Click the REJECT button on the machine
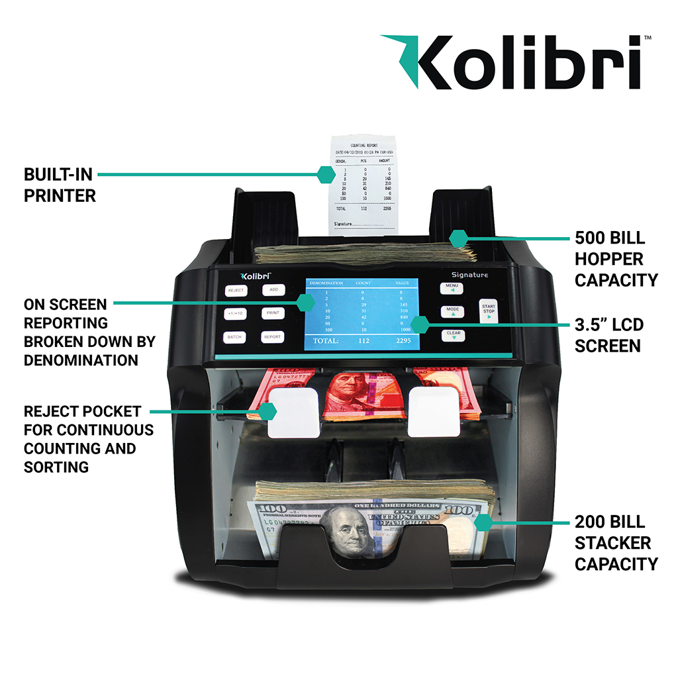[x=236, y=290]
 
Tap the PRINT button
[x=272, y=313]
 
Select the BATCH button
[x=234, y=337]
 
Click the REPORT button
[x=272, y=337]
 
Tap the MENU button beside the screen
[x=453, y=287]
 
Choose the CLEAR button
[x=453, y=334]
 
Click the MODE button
[x=453, y=311]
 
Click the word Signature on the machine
[x=469, y=275]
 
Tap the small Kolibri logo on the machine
[x=256, y=275]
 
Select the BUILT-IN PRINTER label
[x=60, y=185]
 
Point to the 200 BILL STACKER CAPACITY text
[x=616, y=543]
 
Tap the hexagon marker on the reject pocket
[x=267, y=411]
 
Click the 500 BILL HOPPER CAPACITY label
[x=616, y=258]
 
